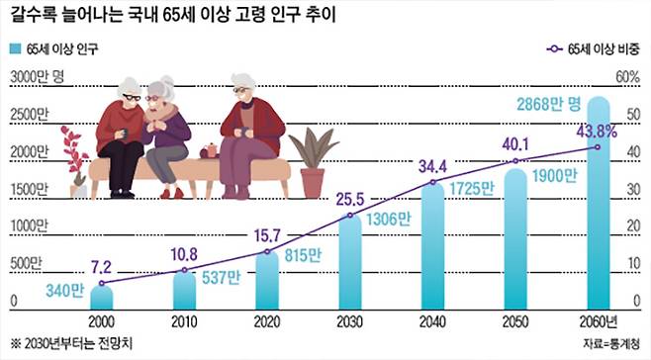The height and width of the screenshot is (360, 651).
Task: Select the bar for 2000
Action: (102, 298)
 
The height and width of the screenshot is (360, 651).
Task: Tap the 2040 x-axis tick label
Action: (432, 322)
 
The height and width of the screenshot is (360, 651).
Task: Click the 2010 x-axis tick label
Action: (185, 322)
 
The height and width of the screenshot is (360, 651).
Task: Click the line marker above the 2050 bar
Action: (514, 159)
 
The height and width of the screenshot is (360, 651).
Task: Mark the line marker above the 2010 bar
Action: (184, 269)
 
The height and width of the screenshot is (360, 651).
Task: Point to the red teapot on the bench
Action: (210, 150)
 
